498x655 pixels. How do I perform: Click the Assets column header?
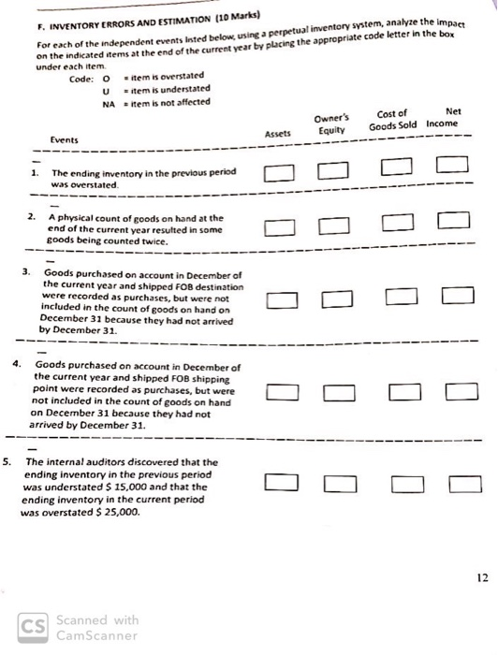[278, 133]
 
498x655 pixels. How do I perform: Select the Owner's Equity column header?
[330, 124]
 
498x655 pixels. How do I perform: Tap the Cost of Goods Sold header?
[393, 120]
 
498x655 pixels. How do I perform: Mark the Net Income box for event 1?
[452, 168]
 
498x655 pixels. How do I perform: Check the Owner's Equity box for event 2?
[333, 226]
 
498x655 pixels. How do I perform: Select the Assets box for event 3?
[282, 299]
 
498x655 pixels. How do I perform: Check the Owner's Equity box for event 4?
[339, 391]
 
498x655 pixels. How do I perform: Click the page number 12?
[481, 577]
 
